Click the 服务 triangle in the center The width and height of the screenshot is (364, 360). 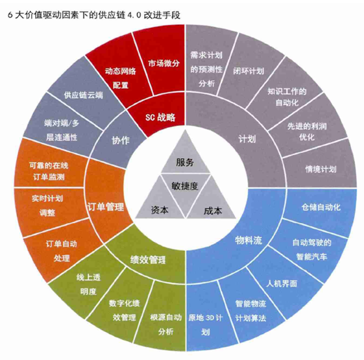pos(185,158)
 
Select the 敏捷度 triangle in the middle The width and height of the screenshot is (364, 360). pos(186,188)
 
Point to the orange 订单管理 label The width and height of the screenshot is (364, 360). pos(106,207)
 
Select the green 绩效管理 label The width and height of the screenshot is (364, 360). pos(148,259)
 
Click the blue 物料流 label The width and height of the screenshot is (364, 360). pos(248,240)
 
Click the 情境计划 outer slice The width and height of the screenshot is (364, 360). pos(321,167)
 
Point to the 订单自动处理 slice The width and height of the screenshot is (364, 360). pos(62,250)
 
